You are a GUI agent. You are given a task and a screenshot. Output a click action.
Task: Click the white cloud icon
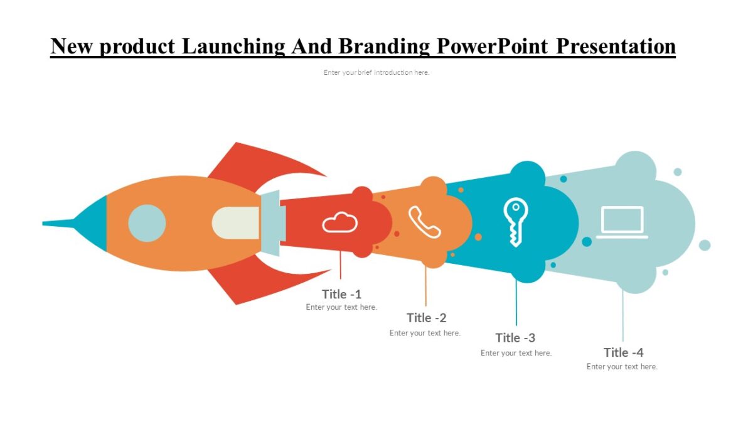click(339, 222)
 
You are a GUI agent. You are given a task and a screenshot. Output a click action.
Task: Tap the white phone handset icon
click(424, 222)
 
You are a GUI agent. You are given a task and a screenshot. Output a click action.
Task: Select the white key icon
click(515, 222)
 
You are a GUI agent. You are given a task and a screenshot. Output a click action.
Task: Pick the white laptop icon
click(622, 222)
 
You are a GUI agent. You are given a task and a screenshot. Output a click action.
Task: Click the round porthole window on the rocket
click(147, 223)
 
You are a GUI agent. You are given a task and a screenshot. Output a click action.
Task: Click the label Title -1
click(341, 294)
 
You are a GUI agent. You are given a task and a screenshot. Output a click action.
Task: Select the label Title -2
click(426, 318)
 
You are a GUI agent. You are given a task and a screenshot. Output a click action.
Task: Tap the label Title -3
click(515, 338)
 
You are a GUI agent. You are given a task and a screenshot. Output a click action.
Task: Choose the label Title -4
click(623, 352)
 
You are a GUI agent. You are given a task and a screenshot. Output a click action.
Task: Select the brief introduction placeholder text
click(376, 72)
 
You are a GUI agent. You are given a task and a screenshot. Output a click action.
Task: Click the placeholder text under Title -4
click(622, 367)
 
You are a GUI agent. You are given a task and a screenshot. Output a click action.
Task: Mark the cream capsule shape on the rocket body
click(236, 223)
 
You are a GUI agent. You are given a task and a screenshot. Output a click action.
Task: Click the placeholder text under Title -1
click(341, 307)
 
